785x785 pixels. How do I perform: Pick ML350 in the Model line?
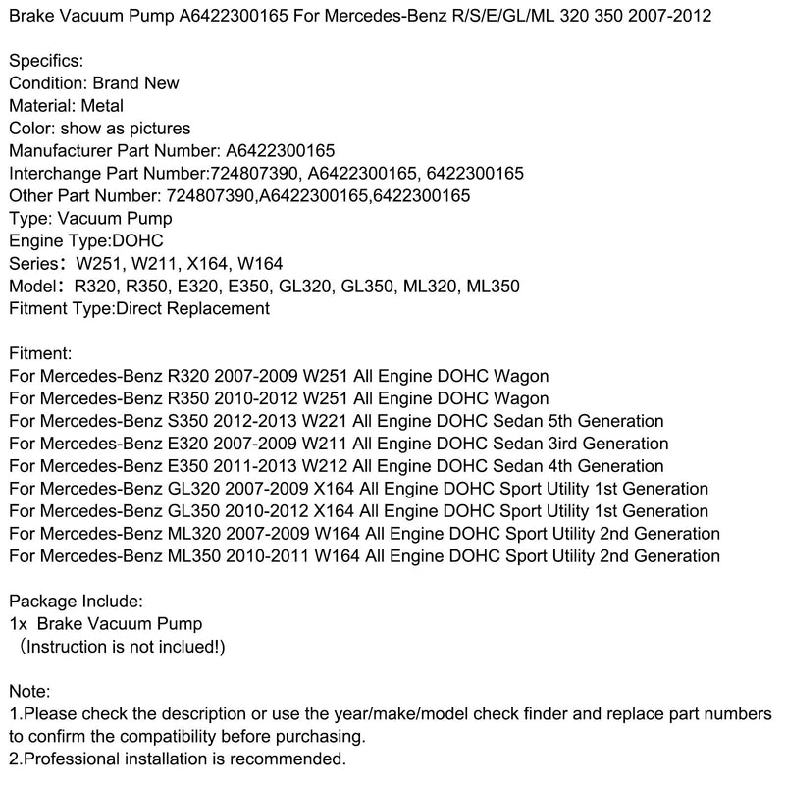click(495, 287)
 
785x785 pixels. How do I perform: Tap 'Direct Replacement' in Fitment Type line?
click(192, 309)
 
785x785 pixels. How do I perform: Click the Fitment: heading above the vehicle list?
click(39, 353)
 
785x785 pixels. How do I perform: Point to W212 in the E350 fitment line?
click(324, 466)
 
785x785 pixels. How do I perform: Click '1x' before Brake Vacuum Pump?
click(18, 623)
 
